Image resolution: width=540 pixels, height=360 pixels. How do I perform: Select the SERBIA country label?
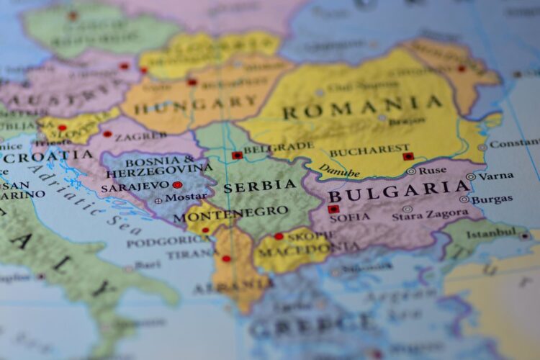(260, 186)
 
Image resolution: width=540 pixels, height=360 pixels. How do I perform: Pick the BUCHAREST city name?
(369, 151)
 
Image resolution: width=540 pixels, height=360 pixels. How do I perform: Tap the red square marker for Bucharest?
(408, 156)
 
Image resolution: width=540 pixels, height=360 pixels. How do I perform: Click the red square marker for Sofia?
(333, 209)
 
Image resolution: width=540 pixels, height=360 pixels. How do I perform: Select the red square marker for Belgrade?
(237, 155)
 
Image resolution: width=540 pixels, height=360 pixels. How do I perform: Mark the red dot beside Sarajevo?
(177, 185)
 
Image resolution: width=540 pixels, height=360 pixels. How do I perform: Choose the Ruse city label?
(432, 171)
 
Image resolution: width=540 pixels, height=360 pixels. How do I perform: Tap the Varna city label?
(496, 175)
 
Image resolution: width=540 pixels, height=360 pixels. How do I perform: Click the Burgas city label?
(492, 199)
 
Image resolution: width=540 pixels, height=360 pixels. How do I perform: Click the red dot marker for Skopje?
(279, 235)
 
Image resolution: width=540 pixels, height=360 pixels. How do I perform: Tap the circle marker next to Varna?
(471, 176)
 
